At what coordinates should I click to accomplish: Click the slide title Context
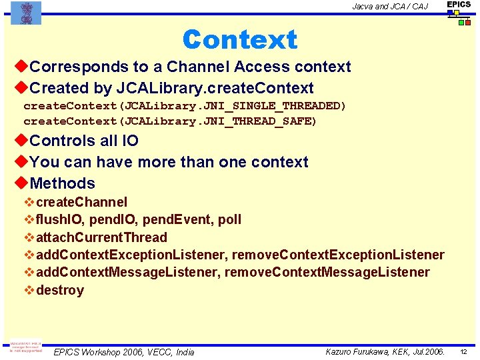tap(239, 39)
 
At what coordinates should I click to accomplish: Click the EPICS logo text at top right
tap(459, 5)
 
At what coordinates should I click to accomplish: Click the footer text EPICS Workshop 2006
tap(99, 352)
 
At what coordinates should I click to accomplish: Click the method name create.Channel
tap(81, 202)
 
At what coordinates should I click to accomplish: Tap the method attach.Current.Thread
tap(101, 237)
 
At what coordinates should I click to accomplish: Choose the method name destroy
tap(60, 290)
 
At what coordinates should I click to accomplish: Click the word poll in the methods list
tap(229, 219)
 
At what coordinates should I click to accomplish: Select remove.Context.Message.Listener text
tap(327, 272)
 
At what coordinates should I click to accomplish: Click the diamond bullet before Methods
tap(21, 183)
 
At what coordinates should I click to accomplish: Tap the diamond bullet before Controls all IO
tap(21, 141)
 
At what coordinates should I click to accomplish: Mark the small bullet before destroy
tap(29, 290)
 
